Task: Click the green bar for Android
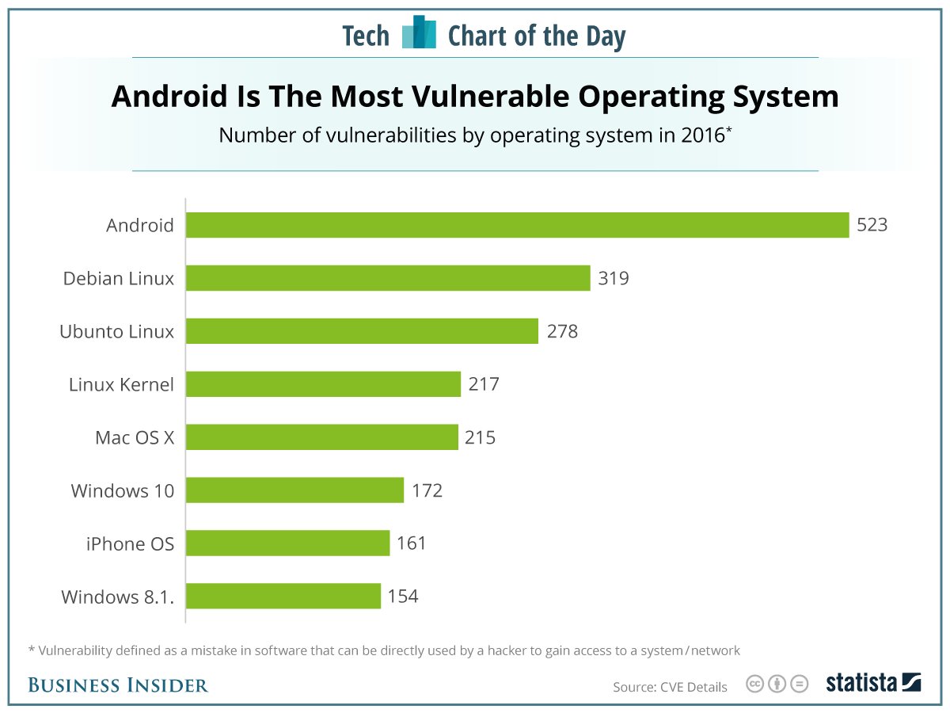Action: pyautogui.click(x=517, y=225)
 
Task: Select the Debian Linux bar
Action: pyautogui.click(x=388, y=278)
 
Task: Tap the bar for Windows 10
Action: pyautogui.click(x=294, y=490)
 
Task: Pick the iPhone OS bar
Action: pyautogui.click(x=287, y=543)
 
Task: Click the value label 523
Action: pyautogui.click(x=872, y=225)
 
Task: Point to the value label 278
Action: pyautogui.click(x=563, y=331)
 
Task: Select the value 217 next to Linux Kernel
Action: pyautogui.click(x=484, y=384)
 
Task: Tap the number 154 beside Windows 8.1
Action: pyautogui.click(x=403, y=597)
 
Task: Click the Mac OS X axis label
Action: pyautogui.click(x=135, y=437)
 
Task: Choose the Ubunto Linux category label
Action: pyautogui.click(x=117, y=331)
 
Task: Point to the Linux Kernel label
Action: pyautogui.click(x=121, y=384)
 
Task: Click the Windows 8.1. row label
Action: pyautogui.click(x=118, y=597)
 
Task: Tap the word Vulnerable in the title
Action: pyautogui.click(x=474, y=97)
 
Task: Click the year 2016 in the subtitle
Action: pyautogui.click(x=701, y=135)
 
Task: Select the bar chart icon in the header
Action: pyautogui.click(x=419, y=32)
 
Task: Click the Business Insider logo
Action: pyautogui.click(x=118, y=685)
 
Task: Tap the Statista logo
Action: pyautogui.click(x=873, y=683)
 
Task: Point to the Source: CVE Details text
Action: pyautogui.click(x=670, y=687)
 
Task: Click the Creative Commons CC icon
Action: pyautogui.click(x=755, y=684)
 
